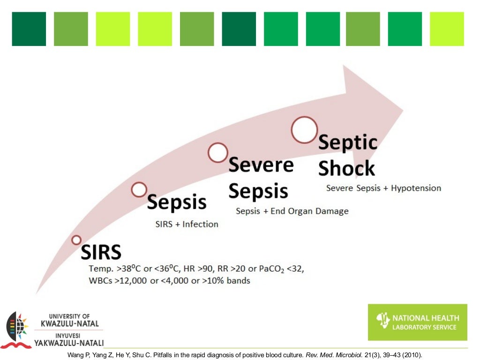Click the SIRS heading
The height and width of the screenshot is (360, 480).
pos(101,252)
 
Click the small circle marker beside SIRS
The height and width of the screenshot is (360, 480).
pos(76,240)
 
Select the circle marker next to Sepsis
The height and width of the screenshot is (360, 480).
pos(139,189)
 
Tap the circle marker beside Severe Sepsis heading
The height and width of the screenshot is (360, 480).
pos(218,153)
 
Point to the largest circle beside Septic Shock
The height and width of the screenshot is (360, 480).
pos(305,129)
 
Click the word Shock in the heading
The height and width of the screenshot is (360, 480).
pos(346,168)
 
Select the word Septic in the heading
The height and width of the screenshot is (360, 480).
pos(348,142)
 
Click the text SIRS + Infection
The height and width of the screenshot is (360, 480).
pos(187,224)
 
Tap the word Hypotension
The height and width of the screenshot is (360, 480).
pos(416,188)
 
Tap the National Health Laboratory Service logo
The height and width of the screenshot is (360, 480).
pos(417,322)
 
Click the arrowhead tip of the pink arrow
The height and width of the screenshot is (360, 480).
pos(402,112)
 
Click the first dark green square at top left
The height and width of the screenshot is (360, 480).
pos(29,29)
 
